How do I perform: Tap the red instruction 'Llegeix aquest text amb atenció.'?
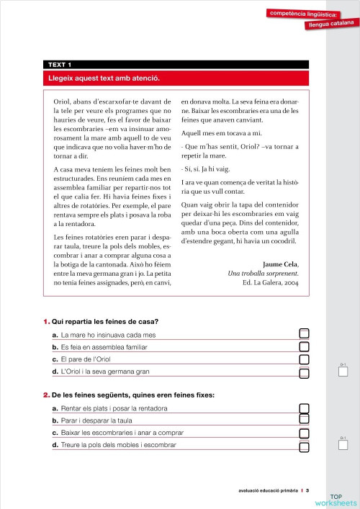pyautogui.click(x=104, y=78)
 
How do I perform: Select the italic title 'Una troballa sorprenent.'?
pyautogui.click(x=263, y=274)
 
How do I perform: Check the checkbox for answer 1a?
pyautogui.click(x=304, y=333)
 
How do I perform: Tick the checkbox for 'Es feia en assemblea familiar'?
pyautogui.click(x=304, y=346)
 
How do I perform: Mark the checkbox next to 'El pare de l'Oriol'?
pyautogui.click(x=304, y=359)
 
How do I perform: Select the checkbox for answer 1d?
pyautogui.click(x=304, y=371)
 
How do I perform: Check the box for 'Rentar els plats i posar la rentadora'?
pyautogui.click(x=304, y=408)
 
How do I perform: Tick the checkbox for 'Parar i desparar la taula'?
pyautogui.click(x=304, y=420)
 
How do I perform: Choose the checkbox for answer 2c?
pyautogui.click(x=304, y=433)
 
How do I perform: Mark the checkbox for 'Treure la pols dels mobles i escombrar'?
pyautogui.click(x=304, y=446)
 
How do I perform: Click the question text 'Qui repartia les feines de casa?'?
pyautogui.click(x=105, y=321)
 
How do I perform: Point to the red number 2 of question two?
pyautogui.click(x=45, y=395)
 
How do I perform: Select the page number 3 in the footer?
pyautogui.click(x=307, y=491)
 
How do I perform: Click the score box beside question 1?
pyautogui.click(x=343, y=373)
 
